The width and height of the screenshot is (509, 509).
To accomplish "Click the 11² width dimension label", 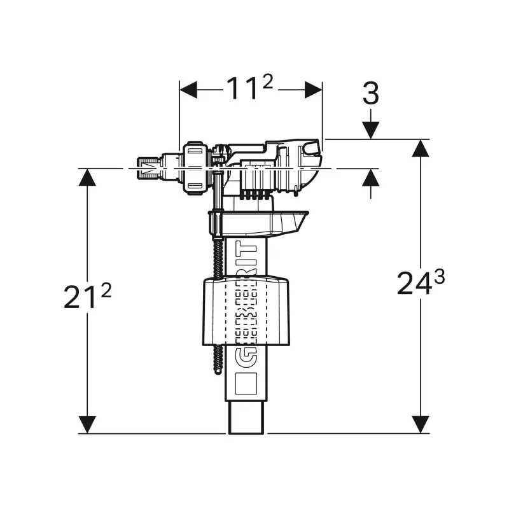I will tap(250, 90).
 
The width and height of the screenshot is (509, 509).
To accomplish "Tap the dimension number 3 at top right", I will tap(370, 94).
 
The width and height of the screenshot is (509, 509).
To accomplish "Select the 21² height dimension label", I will tap(87, 297).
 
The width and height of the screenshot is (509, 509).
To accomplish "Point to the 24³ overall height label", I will tap(421, 282).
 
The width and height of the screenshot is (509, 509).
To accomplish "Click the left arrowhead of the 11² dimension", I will tap(188, 90).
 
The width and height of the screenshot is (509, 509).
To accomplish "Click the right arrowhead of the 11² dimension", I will tap(313, 90).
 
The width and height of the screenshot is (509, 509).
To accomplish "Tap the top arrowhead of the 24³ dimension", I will tap(419, 148).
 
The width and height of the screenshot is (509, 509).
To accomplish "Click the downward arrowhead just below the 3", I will tap(370, 130).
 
